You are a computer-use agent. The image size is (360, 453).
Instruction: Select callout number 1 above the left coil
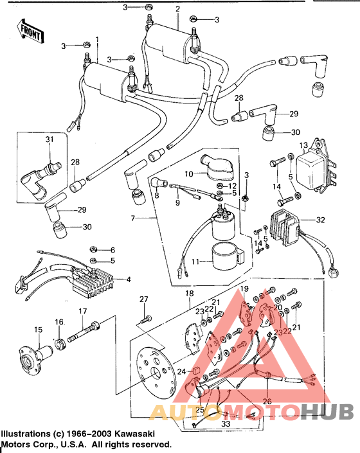pos(97,39)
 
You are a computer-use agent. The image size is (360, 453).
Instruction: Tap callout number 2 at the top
pos(177,8)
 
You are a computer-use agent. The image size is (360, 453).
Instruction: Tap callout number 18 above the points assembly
pos(189,294)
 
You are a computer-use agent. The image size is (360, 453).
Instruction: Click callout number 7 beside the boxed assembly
pos(132,218)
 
